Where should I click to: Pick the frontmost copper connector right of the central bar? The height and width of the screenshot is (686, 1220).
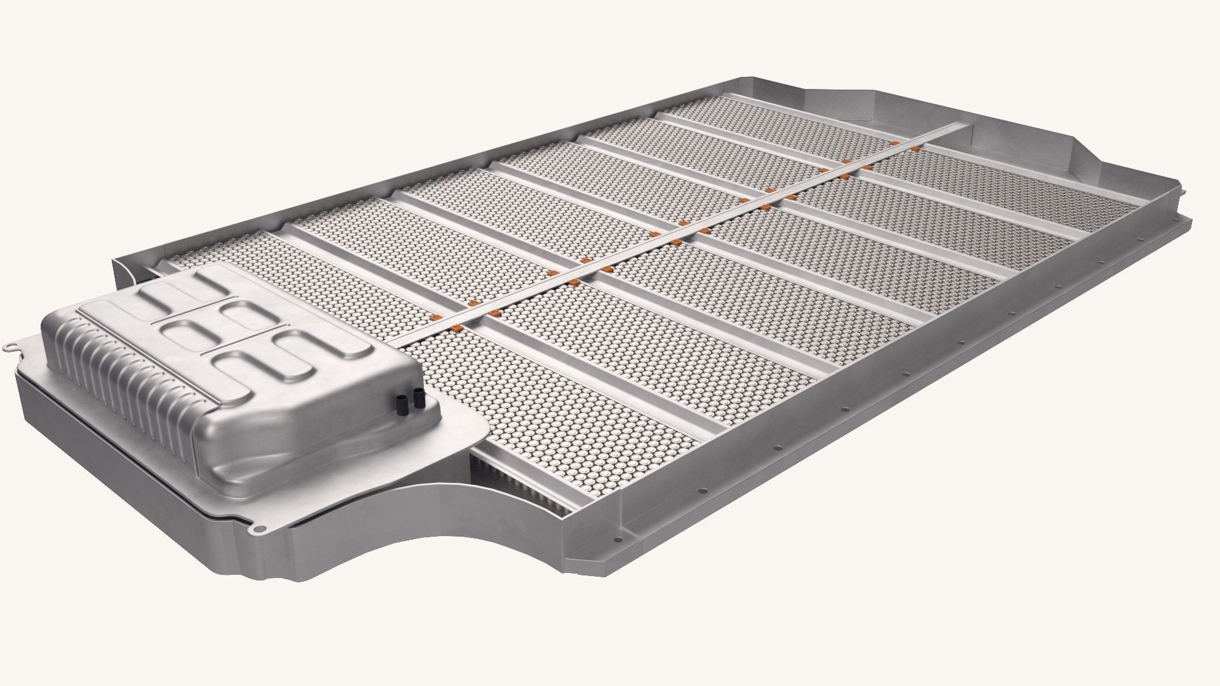457,328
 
